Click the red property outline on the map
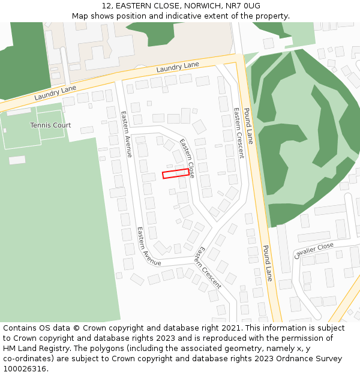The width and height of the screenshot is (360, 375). point(175,174)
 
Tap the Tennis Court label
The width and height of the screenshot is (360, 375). point(50,125)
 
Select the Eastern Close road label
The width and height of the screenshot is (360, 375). point(187,158)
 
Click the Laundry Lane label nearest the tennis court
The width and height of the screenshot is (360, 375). point(55,92)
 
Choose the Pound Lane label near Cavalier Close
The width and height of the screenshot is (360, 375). point(268,263)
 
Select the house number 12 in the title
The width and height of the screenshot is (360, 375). point(106,5)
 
